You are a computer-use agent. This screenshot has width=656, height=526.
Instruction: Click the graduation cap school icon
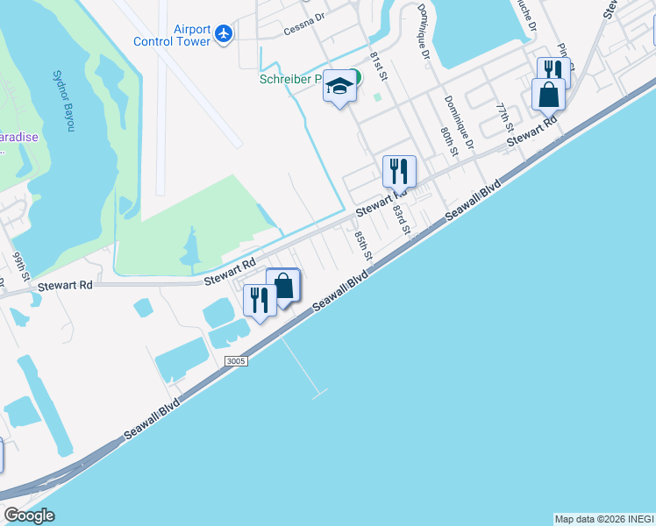pyautogui.click(x=339, y=87)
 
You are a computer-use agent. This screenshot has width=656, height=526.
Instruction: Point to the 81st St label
pyautogui.click(x=379, y=63)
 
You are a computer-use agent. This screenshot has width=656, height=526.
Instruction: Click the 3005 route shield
pyautogui.click(x=236, y=361)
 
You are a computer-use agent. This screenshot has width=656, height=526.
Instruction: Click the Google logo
pyautogui.click(x=30, y=515)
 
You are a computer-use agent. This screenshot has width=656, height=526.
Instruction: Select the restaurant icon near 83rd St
pyautogui.click(x=399, y=171)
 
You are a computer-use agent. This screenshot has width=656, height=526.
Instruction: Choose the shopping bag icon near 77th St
pyautogui.click(x=548, y=94)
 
